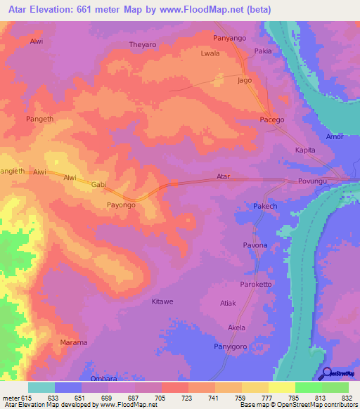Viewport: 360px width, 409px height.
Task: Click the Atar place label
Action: (224, 176)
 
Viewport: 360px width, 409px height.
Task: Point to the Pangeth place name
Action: (39, 119)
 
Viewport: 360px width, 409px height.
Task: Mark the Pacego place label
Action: (272, 120)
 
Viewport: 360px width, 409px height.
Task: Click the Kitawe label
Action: (162, 301)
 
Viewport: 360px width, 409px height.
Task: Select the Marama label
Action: (73, 342)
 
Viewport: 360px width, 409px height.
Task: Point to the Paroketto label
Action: (256, 285)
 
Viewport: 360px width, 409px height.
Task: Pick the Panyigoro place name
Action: (231, 346)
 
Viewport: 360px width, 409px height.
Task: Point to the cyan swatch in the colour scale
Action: (41, 387)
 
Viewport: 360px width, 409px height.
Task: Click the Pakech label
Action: (266, 207)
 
